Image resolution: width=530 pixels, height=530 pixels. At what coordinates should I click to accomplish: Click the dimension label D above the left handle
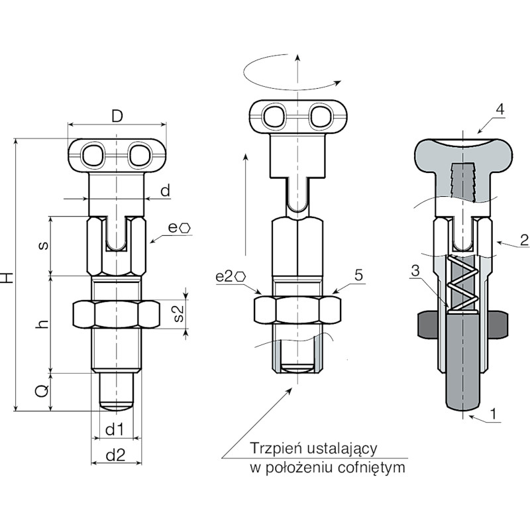point(117,117)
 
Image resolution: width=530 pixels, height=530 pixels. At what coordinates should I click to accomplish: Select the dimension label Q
point(42,392)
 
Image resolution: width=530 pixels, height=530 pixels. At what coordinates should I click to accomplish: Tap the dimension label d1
point(115,429)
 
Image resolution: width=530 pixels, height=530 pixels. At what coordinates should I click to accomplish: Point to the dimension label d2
point(115,455)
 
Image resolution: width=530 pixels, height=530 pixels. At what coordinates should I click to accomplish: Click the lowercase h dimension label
point(42,324)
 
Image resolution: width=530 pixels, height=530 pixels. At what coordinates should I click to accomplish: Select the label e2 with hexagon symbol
point(231,276)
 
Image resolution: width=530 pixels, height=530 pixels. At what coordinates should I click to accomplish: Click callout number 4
point(500,109)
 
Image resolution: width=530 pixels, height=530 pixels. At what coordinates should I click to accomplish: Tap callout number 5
point(358,275)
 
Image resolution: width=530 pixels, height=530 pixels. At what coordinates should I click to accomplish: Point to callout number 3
point(415,270)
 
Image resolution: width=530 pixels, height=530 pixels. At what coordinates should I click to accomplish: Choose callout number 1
point(494,413)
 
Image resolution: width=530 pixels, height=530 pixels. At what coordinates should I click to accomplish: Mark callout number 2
point(524,240)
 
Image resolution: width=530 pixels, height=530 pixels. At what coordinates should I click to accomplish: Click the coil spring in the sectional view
point(462,283)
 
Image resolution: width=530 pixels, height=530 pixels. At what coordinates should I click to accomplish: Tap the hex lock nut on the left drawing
point(117,313)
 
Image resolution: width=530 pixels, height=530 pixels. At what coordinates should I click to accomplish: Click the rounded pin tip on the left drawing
point(117,406)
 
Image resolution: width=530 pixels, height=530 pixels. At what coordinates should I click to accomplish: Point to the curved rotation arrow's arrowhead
point(337,83)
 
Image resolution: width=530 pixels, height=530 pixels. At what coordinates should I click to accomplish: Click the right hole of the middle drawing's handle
point(320,117)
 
